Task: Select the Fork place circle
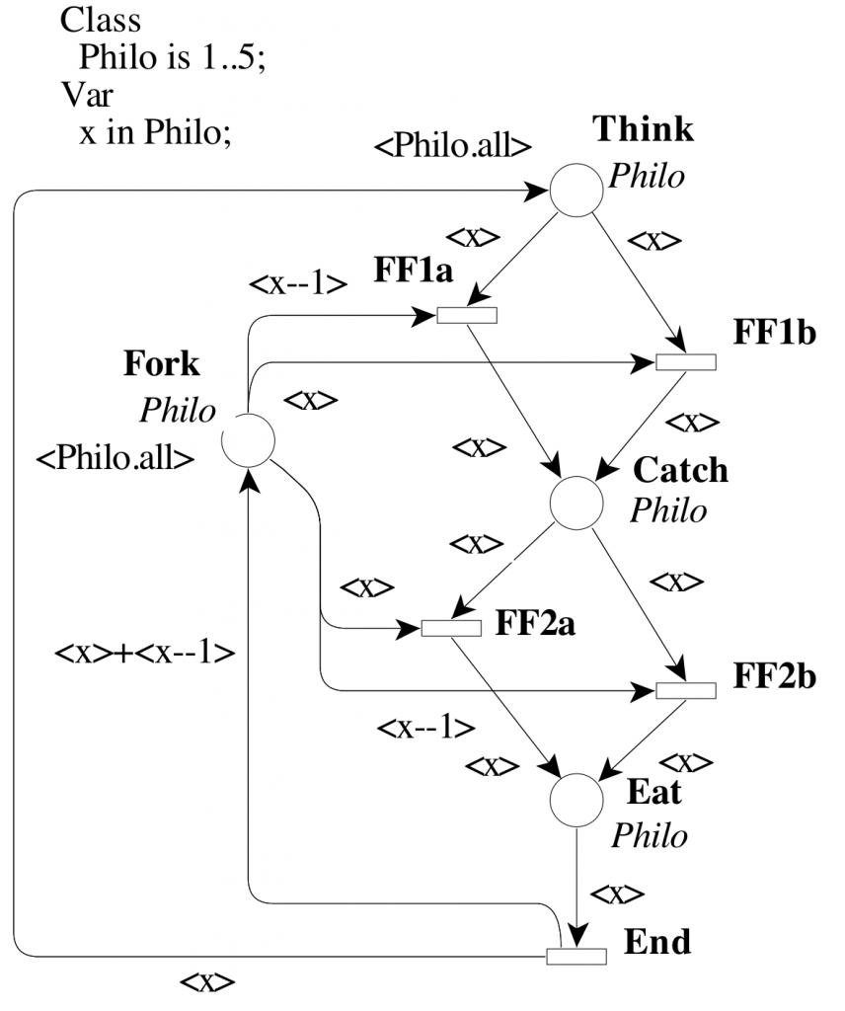[247, 439]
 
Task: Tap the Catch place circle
[576, 502]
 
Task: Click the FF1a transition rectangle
[466, 315]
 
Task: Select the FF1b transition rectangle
[686, 361]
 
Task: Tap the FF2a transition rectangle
[451, 628]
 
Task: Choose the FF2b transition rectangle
[686, 689]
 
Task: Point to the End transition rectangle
[576, 955]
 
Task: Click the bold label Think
[643, 129]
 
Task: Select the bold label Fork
[161, 364]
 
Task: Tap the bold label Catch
[680, 470]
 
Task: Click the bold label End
[657, 942]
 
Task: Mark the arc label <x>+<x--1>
[144, 654]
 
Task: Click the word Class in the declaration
[101, 19]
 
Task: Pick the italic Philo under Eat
[648, 835]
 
